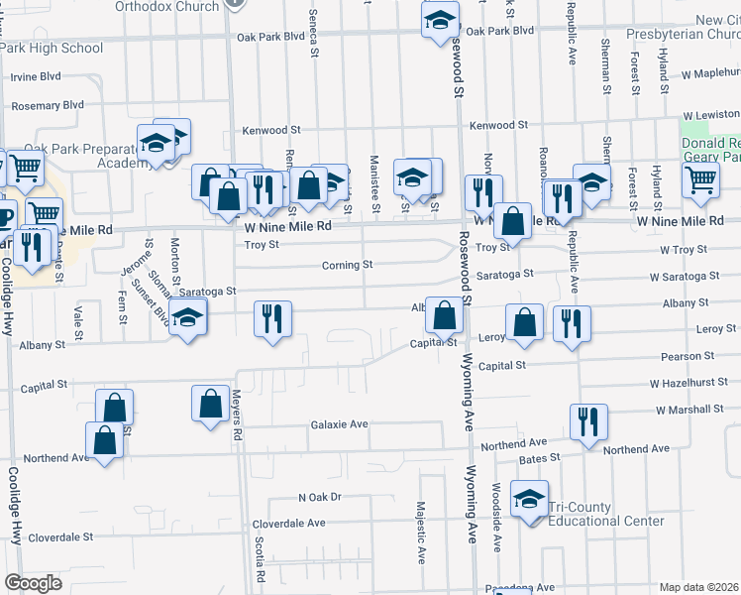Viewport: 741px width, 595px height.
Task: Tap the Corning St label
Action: [x=347, y=265]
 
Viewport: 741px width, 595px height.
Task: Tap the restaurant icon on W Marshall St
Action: [x=588, y=421]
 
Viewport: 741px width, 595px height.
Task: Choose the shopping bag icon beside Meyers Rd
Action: [x=210, y=404]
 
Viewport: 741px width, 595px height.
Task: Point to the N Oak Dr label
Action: [x=319, y=497]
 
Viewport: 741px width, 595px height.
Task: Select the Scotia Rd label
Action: [x=260, y=559]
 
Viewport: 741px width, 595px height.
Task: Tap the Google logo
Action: [x=33, y=583]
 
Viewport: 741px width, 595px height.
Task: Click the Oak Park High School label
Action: [x=52, y=48]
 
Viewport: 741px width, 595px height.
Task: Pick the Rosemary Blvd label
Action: [x=47, y=104]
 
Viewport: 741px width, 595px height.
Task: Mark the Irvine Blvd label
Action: [x=36, y=75]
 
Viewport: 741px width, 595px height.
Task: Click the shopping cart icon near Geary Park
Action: [x=700, y=179]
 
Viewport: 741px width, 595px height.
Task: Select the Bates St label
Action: [x=541, y=458]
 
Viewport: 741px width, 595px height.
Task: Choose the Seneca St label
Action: [x=313, y=38]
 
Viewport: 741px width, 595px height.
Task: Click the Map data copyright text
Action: [x=699, y=587]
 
